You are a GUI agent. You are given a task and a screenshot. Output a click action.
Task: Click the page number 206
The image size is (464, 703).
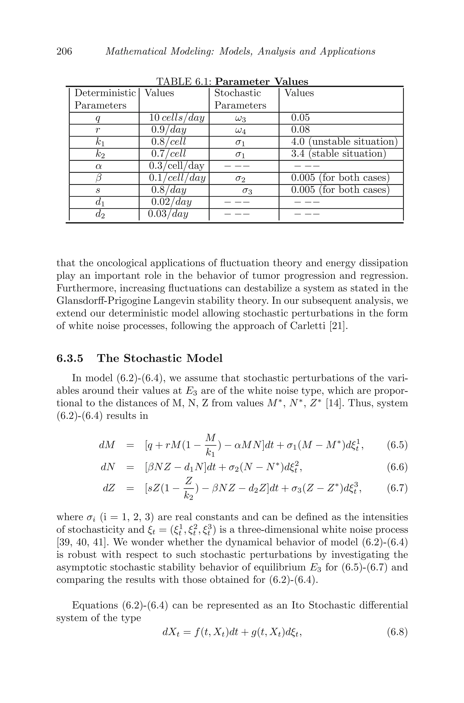pos(64,51)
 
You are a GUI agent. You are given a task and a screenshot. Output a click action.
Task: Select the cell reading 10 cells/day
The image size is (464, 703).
pos(177,118)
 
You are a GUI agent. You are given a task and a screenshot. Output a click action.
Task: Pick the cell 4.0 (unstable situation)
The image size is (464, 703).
pos(344,142)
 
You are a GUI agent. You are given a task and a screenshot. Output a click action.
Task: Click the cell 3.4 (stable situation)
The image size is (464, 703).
pos(338,154)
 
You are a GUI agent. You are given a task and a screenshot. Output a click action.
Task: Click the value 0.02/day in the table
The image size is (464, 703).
pos(171,202)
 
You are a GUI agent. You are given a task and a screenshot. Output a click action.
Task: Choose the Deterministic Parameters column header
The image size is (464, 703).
pos(104,99)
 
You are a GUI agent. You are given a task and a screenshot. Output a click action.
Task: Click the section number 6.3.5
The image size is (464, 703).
pos(70,358)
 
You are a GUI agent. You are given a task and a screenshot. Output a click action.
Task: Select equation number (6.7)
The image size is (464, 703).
pos(397,488)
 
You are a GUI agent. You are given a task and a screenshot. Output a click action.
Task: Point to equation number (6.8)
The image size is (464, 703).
pos(397,632)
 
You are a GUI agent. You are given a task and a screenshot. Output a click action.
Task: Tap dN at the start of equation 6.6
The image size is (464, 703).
pos(108,467)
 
